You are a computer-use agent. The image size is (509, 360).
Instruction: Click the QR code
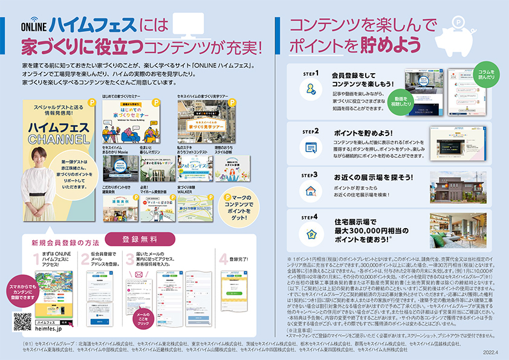[22, 321]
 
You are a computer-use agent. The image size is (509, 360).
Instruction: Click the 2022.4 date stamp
[490, 353]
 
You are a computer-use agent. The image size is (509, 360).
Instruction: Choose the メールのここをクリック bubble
[143, 318]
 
